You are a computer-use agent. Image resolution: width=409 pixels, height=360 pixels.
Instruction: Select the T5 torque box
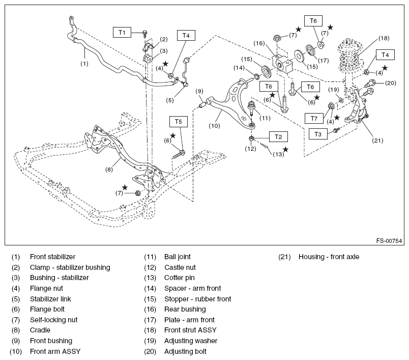point(178,122)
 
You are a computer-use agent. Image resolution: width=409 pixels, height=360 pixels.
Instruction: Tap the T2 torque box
point(278,136)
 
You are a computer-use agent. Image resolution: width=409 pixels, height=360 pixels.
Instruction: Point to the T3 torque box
point(318,134)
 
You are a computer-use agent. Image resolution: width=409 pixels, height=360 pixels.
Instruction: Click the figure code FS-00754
point(389,241)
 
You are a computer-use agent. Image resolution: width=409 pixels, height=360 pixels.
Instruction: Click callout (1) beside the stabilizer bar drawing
point(84,64)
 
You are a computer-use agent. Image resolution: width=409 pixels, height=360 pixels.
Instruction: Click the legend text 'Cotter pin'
point(180,278)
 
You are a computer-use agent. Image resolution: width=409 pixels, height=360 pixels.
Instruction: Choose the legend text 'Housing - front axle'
point(329,257)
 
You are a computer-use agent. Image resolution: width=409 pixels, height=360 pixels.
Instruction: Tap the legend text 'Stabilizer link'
point(51,299)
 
